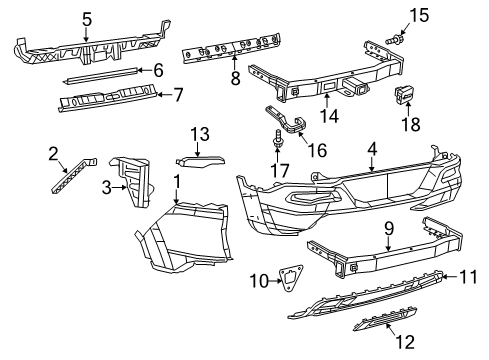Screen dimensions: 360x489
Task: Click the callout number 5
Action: (x=87, y=18)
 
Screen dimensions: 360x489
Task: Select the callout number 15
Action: (x=419, y=14)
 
